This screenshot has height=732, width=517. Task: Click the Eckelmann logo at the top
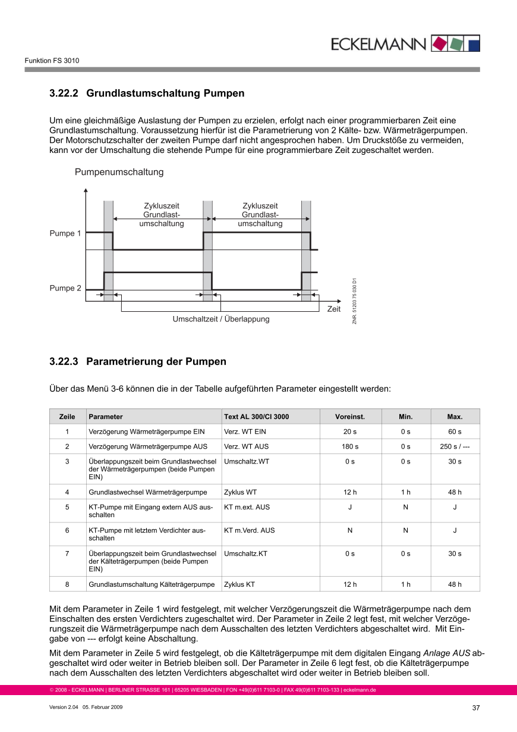tap(404, 43)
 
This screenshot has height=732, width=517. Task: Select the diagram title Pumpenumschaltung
tap(119, 173)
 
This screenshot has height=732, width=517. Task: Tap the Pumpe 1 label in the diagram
tap(65, 233)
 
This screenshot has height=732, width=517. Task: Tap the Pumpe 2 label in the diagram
tap(65, 288)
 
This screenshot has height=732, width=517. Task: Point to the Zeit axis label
tap(334, 309)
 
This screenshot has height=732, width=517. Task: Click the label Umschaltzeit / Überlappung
tap(221, 319)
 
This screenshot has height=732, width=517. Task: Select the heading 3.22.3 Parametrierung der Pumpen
tap(137, 361)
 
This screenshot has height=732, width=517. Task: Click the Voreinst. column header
tap(350, 417)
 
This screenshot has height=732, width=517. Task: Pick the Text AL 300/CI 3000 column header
tap(257, 417)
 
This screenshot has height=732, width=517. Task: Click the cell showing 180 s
tap(350, 446)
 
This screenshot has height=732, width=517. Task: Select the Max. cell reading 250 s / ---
tap(455, 446)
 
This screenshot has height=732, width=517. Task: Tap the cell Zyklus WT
tap(241, 492)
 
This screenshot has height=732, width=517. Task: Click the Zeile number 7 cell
tap(67, 553)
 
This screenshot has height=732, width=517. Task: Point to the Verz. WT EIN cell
tap(245, 431)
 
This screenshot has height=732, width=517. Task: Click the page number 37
tap(475, 708)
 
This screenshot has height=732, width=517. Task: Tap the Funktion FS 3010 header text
tap(52, 61)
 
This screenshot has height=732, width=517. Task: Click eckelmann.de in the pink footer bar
tap(360, 690)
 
